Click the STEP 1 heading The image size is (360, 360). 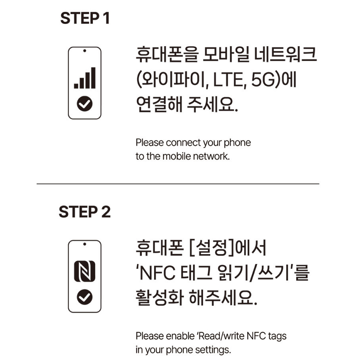(x=85, y=18)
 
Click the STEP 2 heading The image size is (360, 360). (x=84, y=212)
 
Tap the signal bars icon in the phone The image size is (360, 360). (x=85, y=78)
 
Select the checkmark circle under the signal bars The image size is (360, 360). (x=85, y=104)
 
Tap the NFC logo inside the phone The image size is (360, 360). (x=85, y=271)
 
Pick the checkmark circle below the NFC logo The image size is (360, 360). (x=85, y=297)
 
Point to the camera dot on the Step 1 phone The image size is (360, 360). (x=85, y=51)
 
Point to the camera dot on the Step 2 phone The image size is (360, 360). (x=85, y=244)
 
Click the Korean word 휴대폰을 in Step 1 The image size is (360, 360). (x=167, y=55)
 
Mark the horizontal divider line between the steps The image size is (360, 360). (x=178, y=184)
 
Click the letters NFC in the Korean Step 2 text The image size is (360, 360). (x=158, y=273)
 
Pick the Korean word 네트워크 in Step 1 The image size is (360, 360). (x=286, y=55)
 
